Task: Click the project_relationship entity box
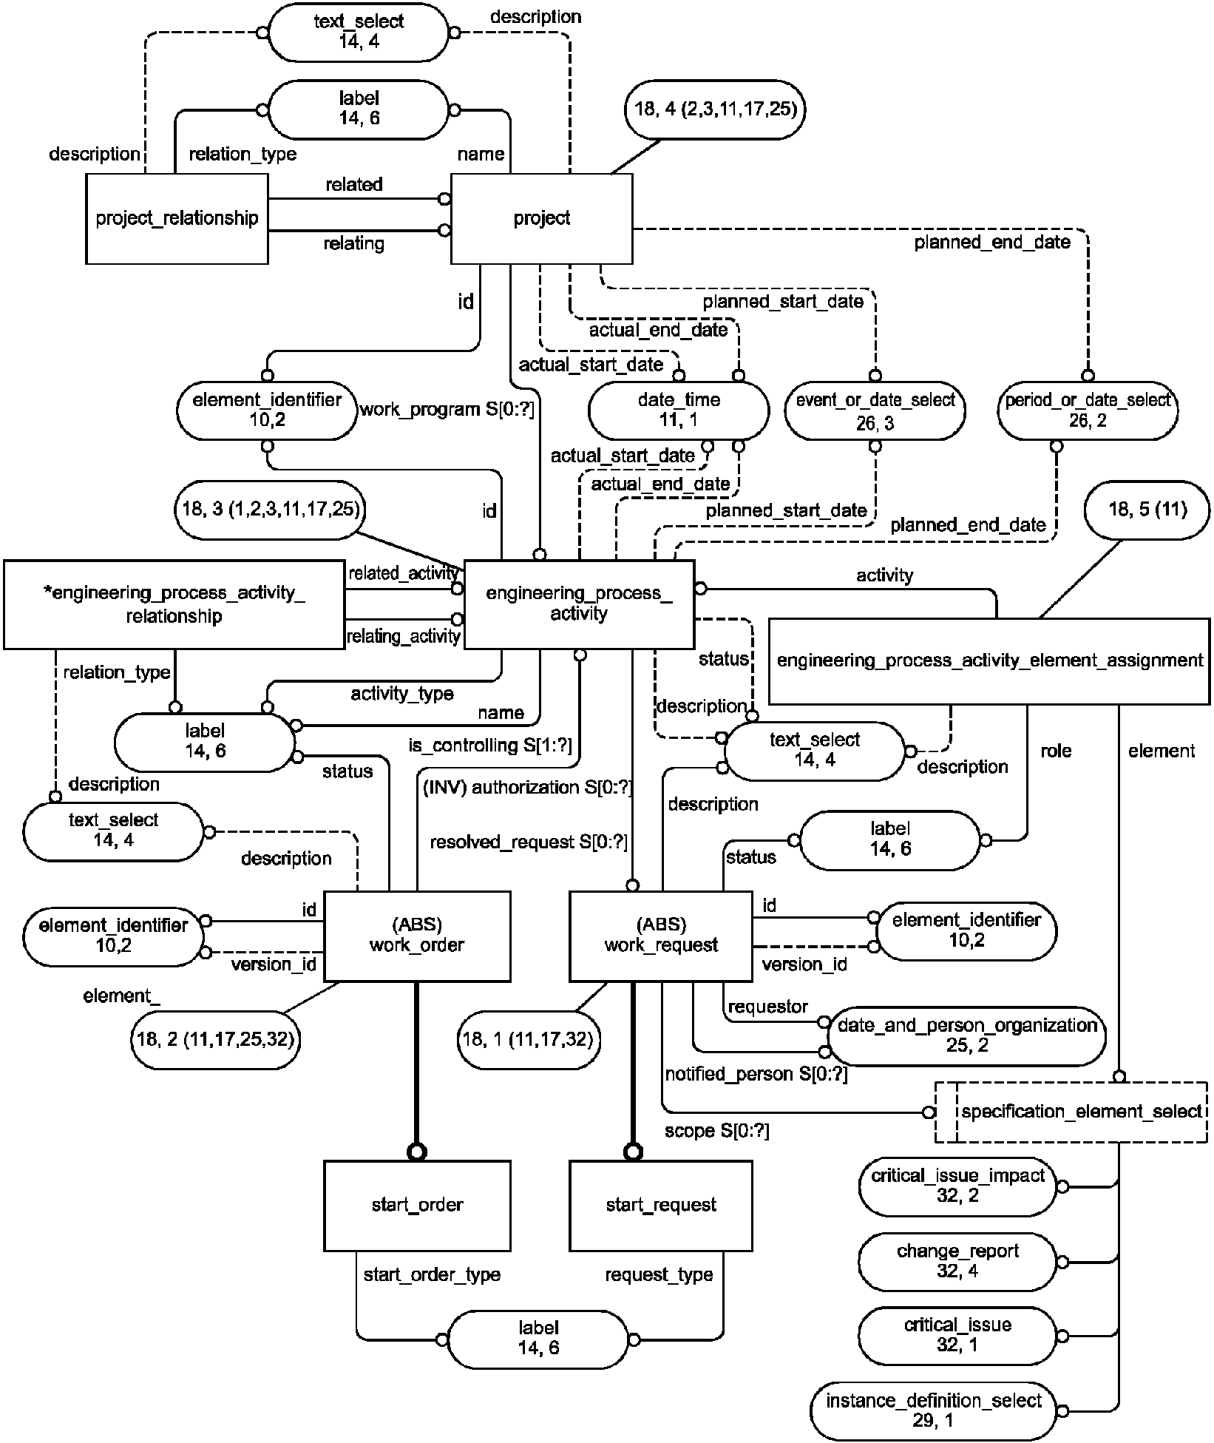tap(177, 218)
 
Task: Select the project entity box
tap(542, 218)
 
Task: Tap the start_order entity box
tap(417, 1205)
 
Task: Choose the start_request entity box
tap(661, 1205)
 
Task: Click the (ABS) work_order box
tap(417, 936)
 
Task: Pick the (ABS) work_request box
tap(661, 936)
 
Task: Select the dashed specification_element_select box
tap(1071, 1112)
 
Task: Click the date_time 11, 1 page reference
tap(679, 410)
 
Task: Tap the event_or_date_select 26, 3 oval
tap(875, 411)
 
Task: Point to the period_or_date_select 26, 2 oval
tap(1088, 410)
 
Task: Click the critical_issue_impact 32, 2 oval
tap(958, 1186)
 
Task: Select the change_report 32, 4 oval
tap(958, 1262)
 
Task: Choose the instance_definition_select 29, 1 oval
tap(934, 1410)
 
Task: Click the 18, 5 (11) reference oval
tap(1147, 510)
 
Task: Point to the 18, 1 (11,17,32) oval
tap(529, 1040)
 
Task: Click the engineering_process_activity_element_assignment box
tap(990, 660)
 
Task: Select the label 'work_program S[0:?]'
tap(447, 409)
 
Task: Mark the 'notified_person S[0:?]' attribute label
tap(756, 1075)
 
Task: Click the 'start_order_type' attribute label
tap(432, 1274)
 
